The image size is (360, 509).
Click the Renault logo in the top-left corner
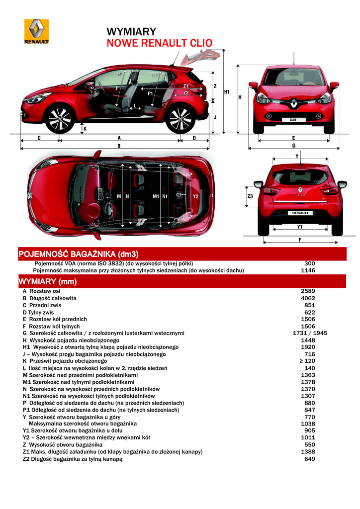pos(37,31)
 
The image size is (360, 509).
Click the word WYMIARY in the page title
pos(131,32)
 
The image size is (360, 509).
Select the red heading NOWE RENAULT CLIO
pos(160,43)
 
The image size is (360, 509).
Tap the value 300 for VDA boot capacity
pos(309,263)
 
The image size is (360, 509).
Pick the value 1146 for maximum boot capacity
pos(308,270)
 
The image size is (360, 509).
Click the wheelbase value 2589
pos(308,291)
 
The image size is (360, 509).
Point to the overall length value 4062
pos(308,298)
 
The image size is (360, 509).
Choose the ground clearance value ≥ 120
pos(308,361)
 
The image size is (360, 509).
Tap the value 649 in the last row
pos(309,459)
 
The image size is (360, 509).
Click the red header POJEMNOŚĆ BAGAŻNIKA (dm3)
pos(78,254)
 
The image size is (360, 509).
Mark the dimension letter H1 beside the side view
pos(227,91)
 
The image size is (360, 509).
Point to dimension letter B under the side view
pos(119,146)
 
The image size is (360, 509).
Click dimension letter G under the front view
pos(294,146)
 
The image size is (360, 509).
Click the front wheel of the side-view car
pos(60,119)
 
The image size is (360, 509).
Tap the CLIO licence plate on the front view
pos(293,120)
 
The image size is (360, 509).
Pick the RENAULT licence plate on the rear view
pos(300,213)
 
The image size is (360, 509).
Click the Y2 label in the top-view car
pos(195,196)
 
